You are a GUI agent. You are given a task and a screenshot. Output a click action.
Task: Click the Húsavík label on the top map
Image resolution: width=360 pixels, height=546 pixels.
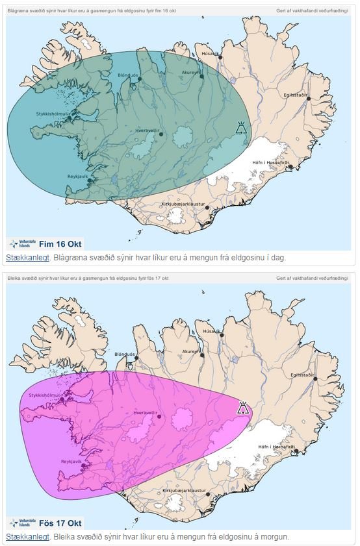(x=210, y=53)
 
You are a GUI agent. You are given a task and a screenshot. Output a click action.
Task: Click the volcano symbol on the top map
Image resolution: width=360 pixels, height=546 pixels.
(x=241, y=127)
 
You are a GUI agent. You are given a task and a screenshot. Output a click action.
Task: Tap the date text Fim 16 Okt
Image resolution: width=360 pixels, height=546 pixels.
(x=60, y=244)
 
